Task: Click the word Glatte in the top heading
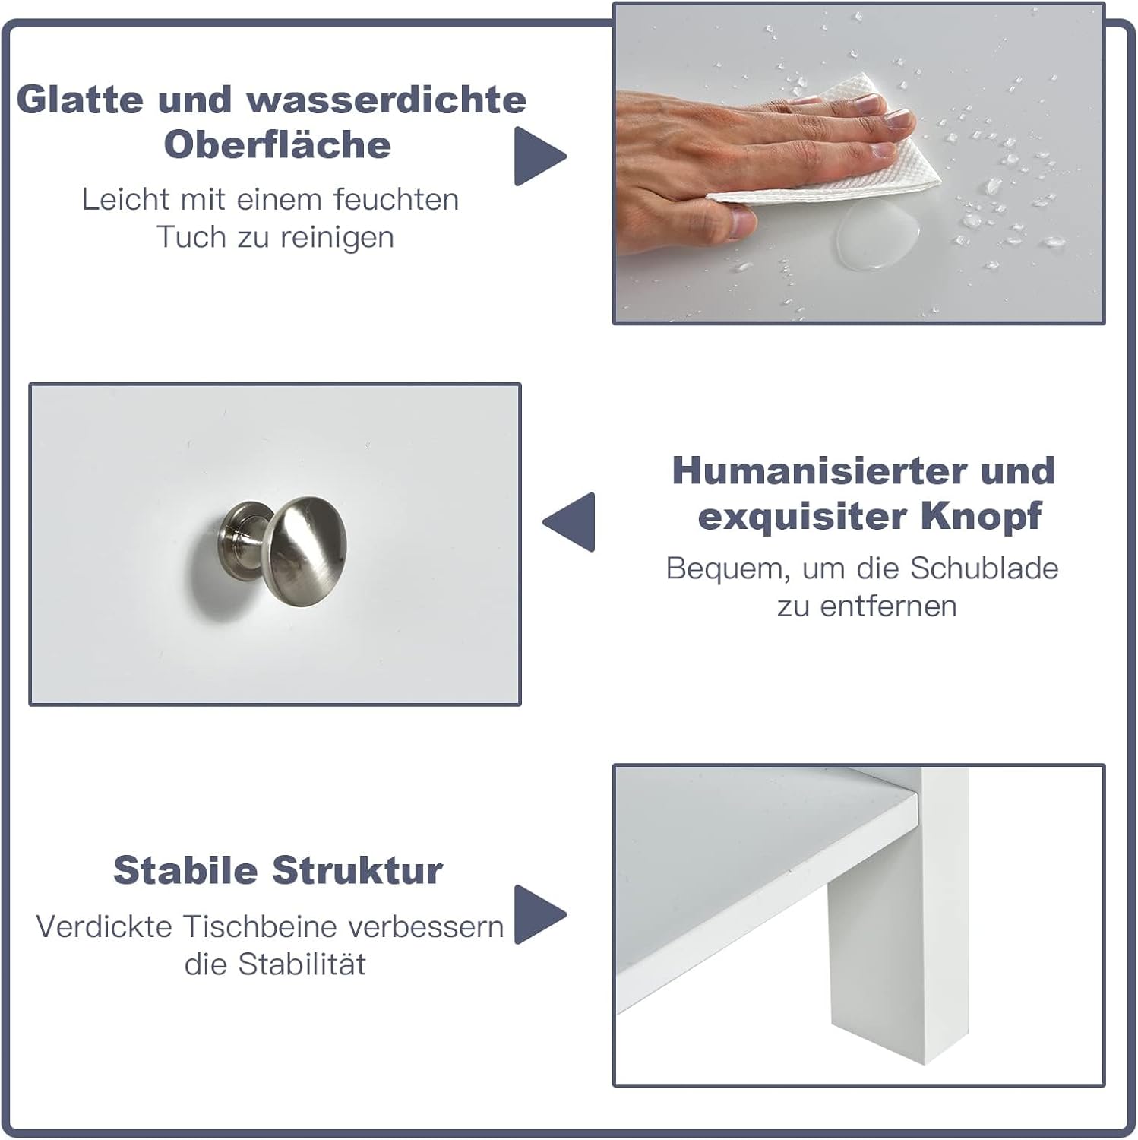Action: coord(80,100)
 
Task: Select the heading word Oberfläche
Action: coord(277,144)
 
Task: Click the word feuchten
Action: coord(396,199)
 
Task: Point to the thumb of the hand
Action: coord(729,220)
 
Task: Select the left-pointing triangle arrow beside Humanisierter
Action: coord(570,521)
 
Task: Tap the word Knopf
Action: coord(981,517)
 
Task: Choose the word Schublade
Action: coord(985,568)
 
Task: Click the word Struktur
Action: coord(357,870)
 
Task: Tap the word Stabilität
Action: coord(302,964)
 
